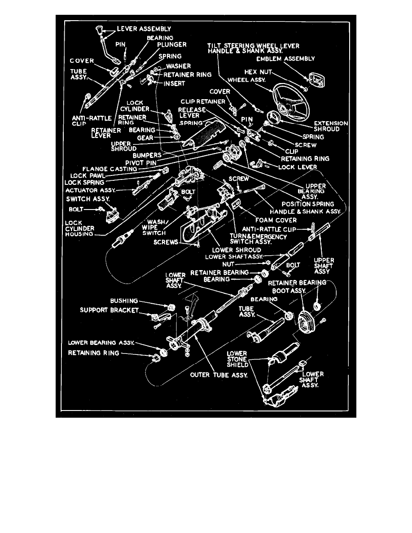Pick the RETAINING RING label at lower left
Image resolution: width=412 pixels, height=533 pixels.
(x=94, y=353)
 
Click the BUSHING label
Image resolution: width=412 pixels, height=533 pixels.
(x=124, y=301)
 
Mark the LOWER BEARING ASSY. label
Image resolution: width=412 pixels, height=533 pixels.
(x=101, y=342)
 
